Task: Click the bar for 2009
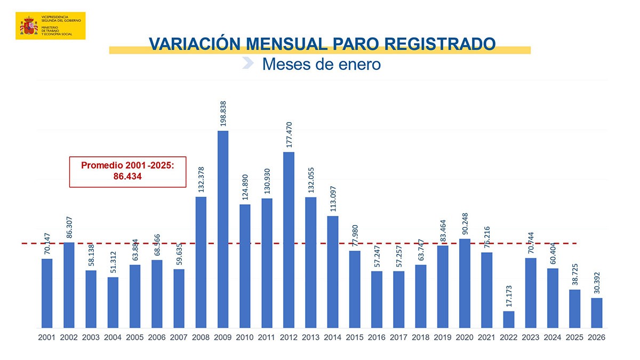[x=223, y=229]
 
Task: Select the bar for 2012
[x=289, y=240]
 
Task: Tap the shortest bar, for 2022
[x=508, y=319]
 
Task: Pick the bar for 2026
[x=597, y=313]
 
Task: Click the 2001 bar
[x=47, y=293]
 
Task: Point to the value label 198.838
[x=223, y=114]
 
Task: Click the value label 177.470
[x=289, y=135]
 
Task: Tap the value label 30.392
[x=597, y=281]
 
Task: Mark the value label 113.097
[x=333, y=199]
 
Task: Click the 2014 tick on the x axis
[x=332, y=338]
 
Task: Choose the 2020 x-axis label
[x=464, y=338]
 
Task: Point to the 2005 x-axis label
[x=134, y=338]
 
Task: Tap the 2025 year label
[x=574, y=338]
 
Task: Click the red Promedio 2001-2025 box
[x=127, y=172]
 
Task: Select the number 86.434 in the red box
[x=127, y=177]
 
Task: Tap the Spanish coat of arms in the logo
[x=29, y=26]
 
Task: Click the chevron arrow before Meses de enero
[x=247, y=63]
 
